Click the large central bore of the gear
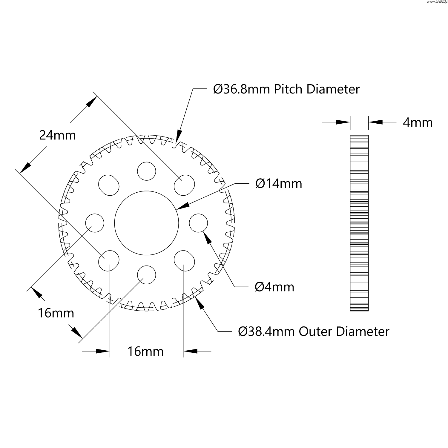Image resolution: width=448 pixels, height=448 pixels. (146, 223)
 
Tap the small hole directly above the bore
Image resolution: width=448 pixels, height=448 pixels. (146, 171)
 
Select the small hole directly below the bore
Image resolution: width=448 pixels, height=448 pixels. (146, 274)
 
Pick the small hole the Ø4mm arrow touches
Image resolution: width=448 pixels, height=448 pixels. (198, 223)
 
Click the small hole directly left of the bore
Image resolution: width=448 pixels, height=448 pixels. (95, 223)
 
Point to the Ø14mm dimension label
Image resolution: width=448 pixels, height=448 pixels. (279, 183)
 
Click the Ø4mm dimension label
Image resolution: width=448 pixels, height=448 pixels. (274, 287)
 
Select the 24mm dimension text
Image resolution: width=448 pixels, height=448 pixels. (58, 136)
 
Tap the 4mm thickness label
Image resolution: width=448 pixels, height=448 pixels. (418, 122)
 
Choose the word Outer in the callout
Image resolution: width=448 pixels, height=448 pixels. (315, 332)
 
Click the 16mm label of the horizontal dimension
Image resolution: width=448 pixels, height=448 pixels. (145, 352)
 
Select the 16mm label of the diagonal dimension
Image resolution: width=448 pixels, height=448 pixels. (56, 313)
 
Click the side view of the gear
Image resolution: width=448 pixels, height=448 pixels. (359, 223)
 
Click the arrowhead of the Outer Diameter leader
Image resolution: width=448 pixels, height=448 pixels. (199, 303)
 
